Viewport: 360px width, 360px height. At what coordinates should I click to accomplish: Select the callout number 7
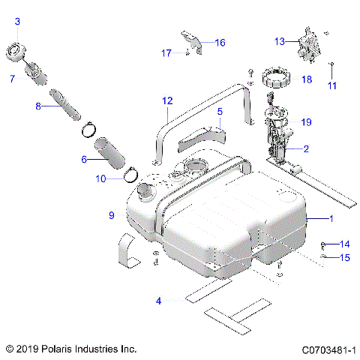click(12, 79)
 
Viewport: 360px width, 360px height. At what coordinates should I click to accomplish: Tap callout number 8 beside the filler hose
click(38, 106)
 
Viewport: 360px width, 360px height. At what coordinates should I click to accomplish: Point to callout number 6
click(84, 159)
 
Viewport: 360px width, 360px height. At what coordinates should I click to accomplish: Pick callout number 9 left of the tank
click(111, 215)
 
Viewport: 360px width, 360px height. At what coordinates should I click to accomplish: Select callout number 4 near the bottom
click(158, 301)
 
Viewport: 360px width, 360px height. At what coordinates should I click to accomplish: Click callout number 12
click(166, 100)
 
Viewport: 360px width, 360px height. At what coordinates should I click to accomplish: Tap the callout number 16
click(220, 43)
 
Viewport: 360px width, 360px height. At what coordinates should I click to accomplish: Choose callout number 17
click(166, 52)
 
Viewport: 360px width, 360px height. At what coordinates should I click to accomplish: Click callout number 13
click(279, 41)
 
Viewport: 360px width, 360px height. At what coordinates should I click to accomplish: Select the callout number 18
click(306, 79)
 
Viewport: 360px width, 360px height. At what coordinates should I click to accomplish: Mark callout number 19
click(306, 121)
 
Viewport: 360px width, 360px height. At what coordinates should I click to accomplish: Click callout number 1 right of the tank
click(330, 217)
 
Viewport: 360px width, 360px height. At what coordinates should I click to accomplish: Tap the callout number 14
click(345, 244)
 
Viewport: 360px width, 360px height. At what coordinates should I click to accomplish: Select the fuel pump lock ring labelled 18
click(274, 76)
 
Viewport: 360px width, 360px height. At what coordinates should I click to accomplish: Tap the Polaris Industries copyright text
click(70, 349)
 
